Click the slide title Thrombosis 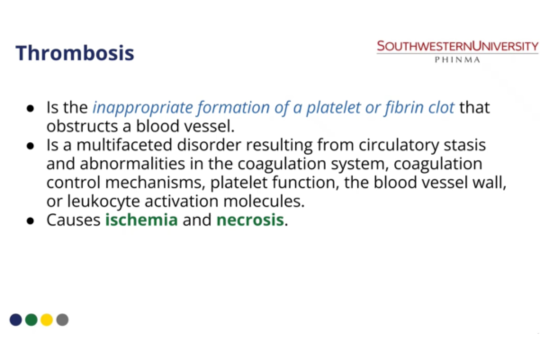point(75,53)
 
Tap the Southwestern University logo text point(457,46)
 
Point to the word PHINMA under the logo point(457,60)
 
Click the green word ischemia point(141,220)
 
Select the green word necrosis point(250,220)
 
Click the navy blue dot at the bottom point(16,320)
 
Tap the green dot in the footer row point(31,320)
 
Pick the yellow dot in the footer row point(47,320)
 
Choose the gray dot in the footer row point(63,320)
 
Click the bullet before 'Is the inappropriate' point(31,109)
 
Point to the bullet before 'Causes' point(31,221)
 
